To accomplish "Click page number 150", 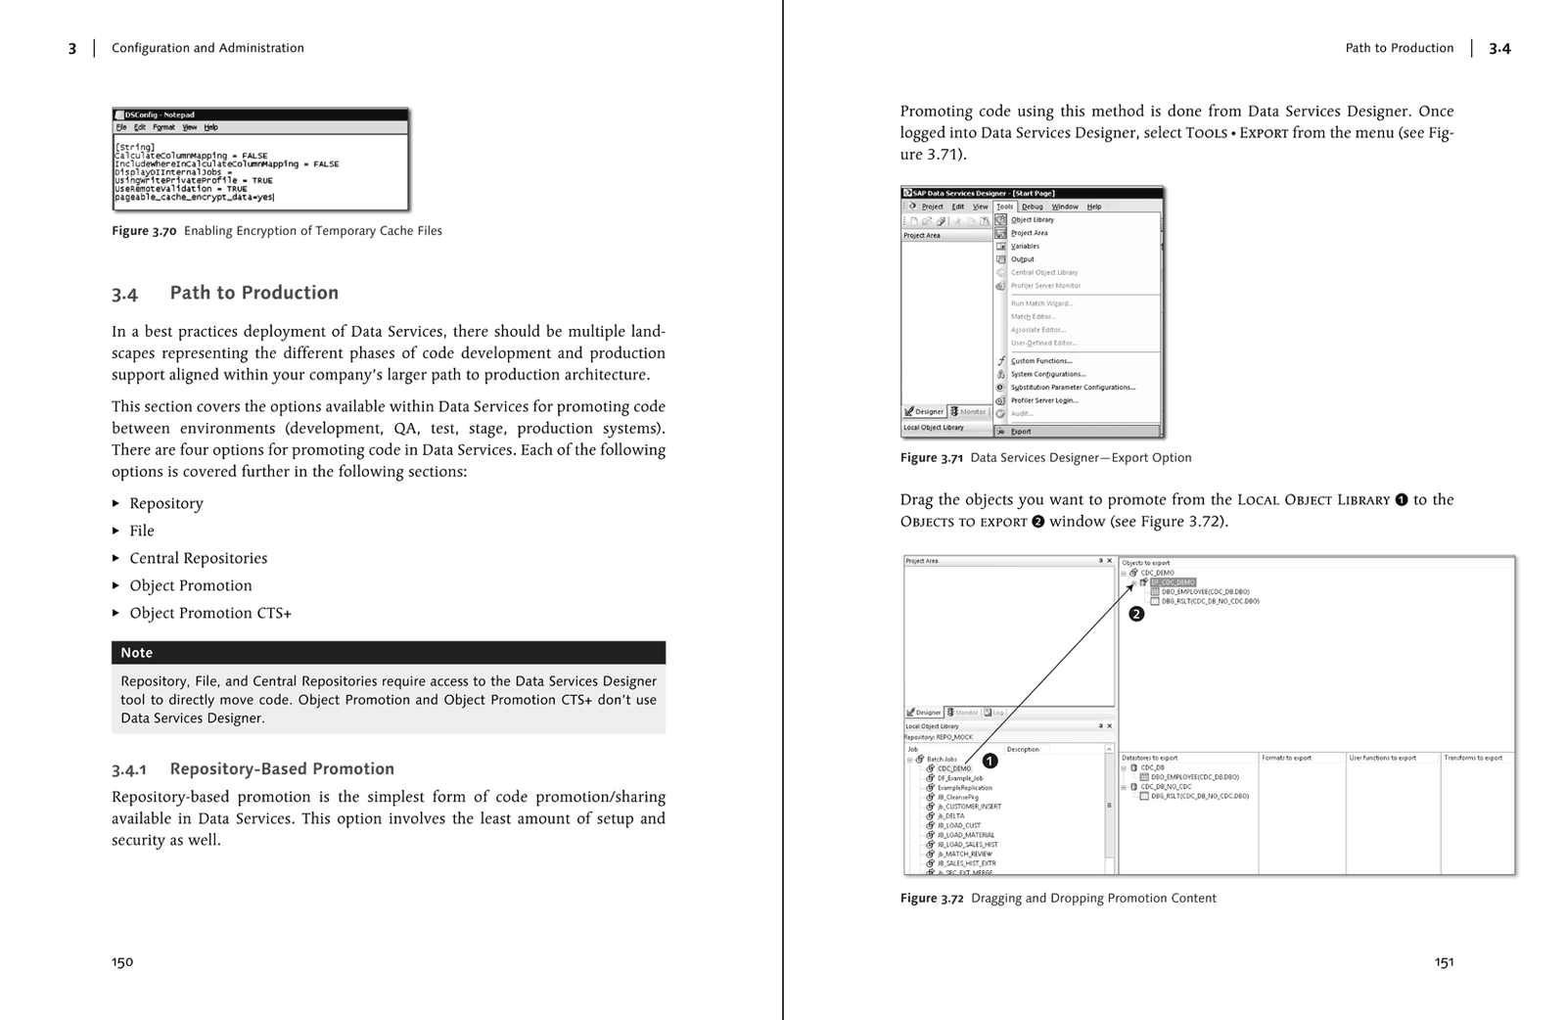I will tap(122, 962).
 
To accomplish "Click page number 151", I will tap(1444, 962).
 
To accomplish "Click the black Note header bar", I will tap(388, 653).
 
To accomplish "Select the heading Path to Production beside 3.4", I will tap(253, 293).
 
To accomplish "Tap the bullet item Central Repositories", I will tap(198, 558).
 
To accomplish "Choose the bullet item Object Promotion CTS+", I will tap(210, 613).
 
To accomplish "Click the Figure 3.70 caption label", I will tap(144, 231).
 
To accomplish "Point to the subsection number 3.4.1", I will tap(128, 769).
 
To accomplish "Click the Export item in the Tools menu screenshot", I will tap(1021, 432).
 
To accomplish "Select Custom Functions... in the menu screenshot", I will tap(1040, 361).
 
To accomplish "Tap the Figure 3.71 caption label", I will tap(932, 458).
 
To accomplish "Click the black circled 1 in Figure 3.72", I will tap(990, 761).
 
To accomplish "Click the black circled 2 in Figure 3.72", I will tap(1136, 614).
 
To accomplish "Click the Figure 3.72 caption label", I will tap(932, 899).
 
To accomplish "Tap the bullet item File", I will tap(142, 531).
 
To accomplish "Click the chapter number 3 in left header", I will tap(72, 48).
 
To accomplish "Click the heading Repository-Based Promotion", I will tap(282, 769).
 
